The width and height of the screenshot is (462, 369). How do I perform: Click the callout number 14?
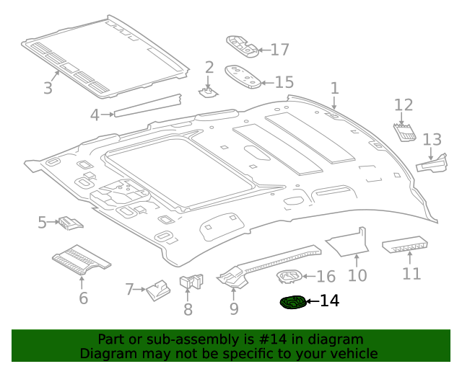[x=328, y=301]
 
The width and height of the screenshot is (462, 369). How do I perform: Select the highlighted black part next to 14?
[x=292, y=303]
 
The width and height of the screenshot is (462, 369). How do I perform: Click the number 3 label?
[x=48, y=89]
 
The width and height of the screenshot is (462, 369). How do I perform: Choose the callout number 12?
[x=403, y=105]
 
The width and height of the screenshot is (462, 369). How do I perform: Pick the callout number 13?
[x=432, y=139]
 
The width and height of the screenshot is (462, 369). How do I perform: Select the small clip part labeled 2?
[x=208, y=92]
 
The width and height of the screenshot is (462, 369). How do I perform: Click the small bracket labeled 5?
[x=70, y=223]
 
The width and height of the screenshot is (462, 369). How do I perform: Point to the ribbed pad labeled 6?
[x=81, y=259]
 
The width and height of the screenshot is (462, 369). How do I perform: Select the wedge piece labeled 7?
[x=157, y=290]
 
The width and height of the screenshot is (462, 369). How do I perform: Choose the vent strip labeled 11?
[x=407, y=246]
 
